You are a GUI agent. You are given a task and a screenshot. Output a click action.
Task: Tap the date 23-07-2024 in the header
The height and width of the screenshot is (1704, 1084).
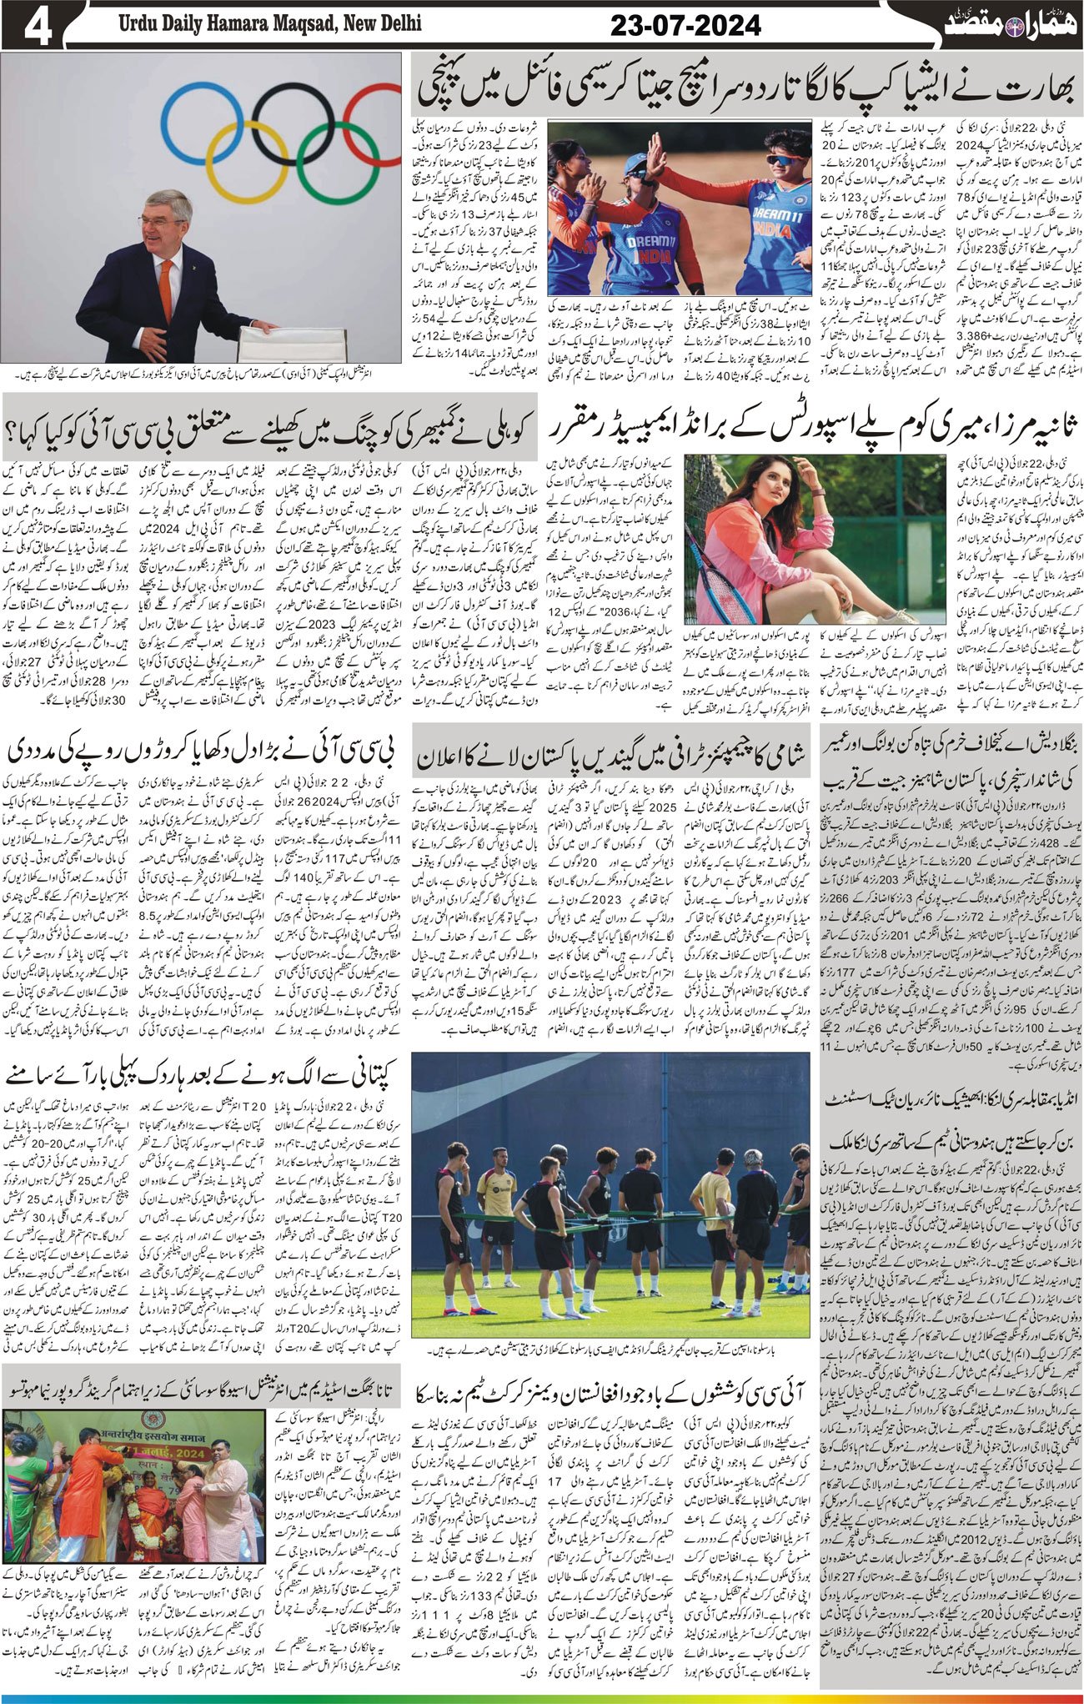tap(685, 26)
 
